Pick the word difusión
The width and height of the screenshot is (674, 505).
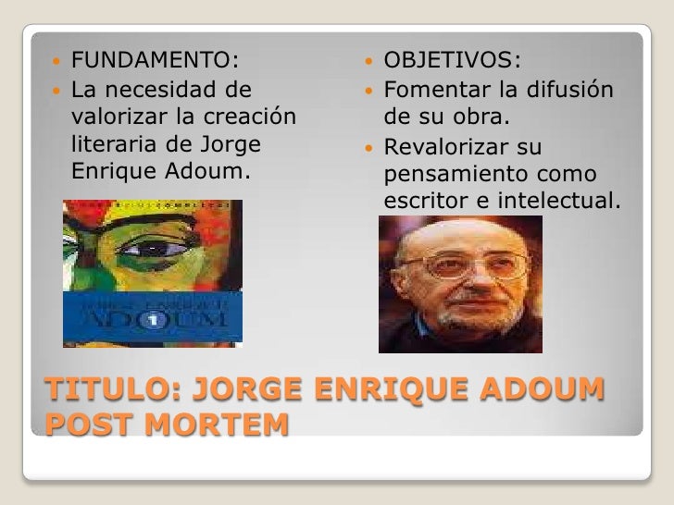pos(570,91)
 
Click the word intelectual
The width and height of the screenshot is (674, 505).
pos(565,200)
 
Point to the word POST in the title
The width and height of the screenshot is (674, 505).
pos(81,427)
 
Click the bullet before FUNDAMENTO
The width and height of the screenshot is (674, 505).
pos(56,62)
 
